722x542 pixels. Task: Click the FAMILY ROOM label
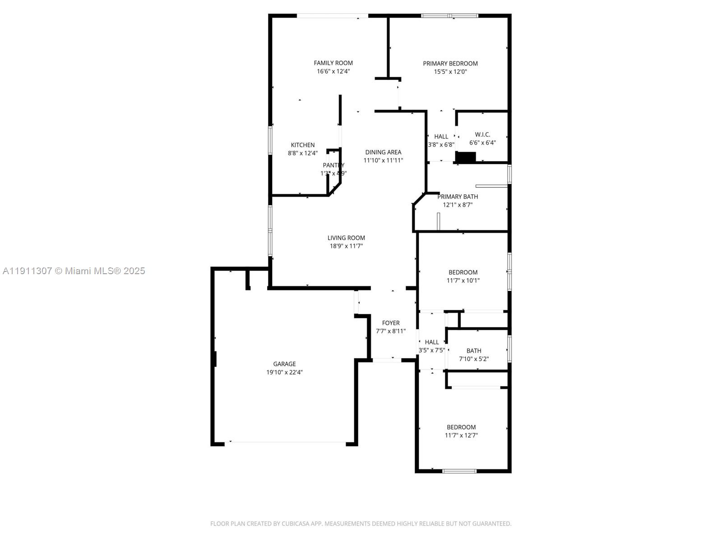[x=333, y=63]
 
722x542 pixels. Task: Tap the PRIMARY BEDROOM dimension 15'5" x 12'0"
[x=450, y=72]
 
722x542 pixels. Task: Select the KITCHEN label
[x=302, y=145]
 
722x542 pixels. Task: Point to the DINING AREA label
[x=383, y=152]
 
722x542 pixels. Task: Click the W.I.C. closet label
[x=482, y=135]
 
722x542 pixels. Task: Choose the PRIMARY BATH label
[x=458, y=196]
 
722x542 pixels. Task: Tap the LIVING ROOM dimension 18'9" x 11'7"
[x=346, y=246]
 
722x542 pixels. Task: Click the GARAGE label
[x=284, y=364]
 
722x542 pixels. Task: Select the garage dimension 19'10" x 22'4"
[x=284, y=373]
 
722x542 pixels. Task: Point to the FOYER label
[x=391, y=323]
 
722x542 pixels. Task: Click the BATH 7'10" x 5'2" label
[x=474, y=351]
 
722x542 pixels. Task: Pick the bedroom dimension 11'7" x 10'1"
[x=463, y=280]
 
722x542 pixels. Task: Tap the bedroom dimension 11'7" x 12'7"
[x=461, y=435]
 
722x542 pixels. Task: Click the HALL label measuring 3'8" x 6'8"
[x=441, y=136]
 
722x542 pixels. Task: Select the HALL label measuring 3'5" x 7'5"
[x=431, y=342]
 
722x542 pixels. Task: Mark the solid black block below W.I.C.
[x=466, y=158]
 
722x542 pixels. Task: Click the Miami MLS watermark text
[x=74, y=271]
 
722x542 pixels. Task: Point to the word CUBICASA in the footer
[x=295, y=524]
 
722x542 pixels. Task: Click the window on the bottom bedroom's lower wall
[x=459, y=471]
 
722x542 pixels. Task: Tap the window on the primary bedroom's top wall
[x=449, y=16]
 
